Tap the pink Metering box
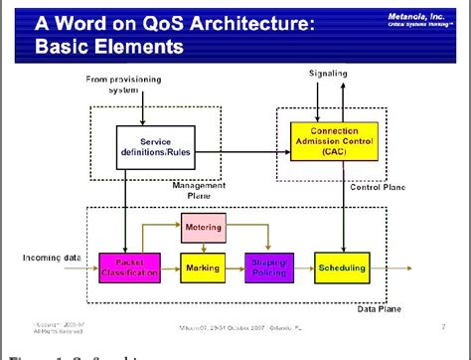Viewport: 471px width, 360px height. click(x=204, y=229)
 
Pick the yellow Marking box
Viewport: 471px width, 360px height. click(x=204, y=268)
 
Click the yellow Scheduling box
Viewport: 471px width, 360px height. click(x=342, y=268)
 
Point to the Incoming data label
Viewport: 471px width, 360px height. click(x=51, y=258)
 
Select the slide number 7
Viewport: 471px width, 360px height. click(x=442, y=325)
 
